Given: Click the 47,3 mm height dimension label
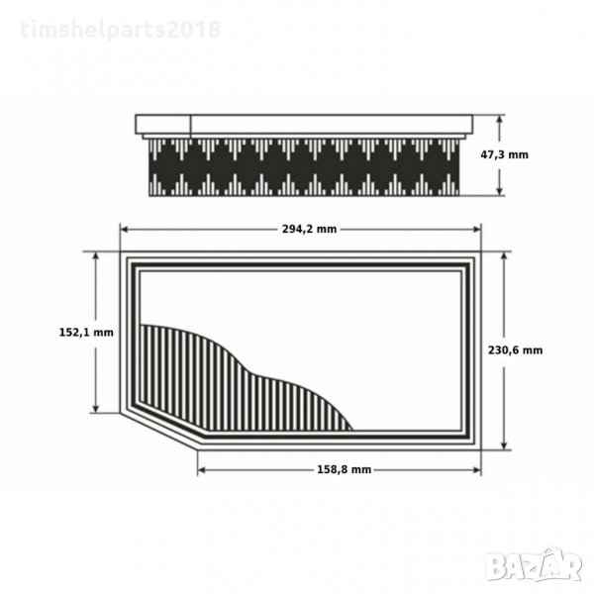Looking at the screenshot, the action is [504, 154].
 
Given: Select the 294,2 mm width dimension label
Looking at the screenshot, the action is [309, 229].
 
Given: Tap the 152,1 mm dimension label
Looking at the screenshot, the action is [86, 333].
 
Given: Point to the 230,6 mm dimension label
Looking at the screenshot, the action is [515, 350].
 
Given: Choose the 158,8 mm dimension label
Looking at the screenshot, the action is [344, 469].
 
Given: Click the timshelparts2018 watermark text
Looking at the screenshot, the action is [121, 30].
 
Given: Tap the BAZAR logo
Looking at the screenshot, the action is [535, 564].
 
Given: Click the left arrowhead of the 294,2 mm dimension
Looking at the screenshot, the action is [124, 230].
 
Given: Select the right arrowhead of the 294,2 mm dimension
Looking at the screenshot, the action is [477, 230].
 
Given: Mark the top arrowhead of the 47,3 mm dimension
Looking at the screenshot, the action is [500, 118].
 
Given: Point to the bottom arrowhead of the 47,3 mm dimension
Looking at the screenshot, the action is [500, 191].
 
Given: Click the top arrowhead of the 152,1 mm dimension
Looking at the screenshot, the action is [95, 255].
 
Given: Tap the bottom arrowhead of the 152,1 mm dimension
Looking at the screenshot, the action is [95, 409].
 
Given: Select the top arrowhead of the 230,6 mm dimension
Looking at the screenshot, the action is [504, 255].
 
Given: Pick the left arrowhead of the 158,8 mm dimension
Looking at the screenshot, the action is [202, 470].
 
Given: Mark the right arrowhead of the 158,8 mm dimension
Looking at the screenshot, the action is [477, 470].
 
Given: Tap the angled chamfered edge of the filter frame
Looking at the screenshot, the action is [158, 432].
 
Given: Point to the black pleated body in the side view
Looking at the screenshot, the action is [304, 167].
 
